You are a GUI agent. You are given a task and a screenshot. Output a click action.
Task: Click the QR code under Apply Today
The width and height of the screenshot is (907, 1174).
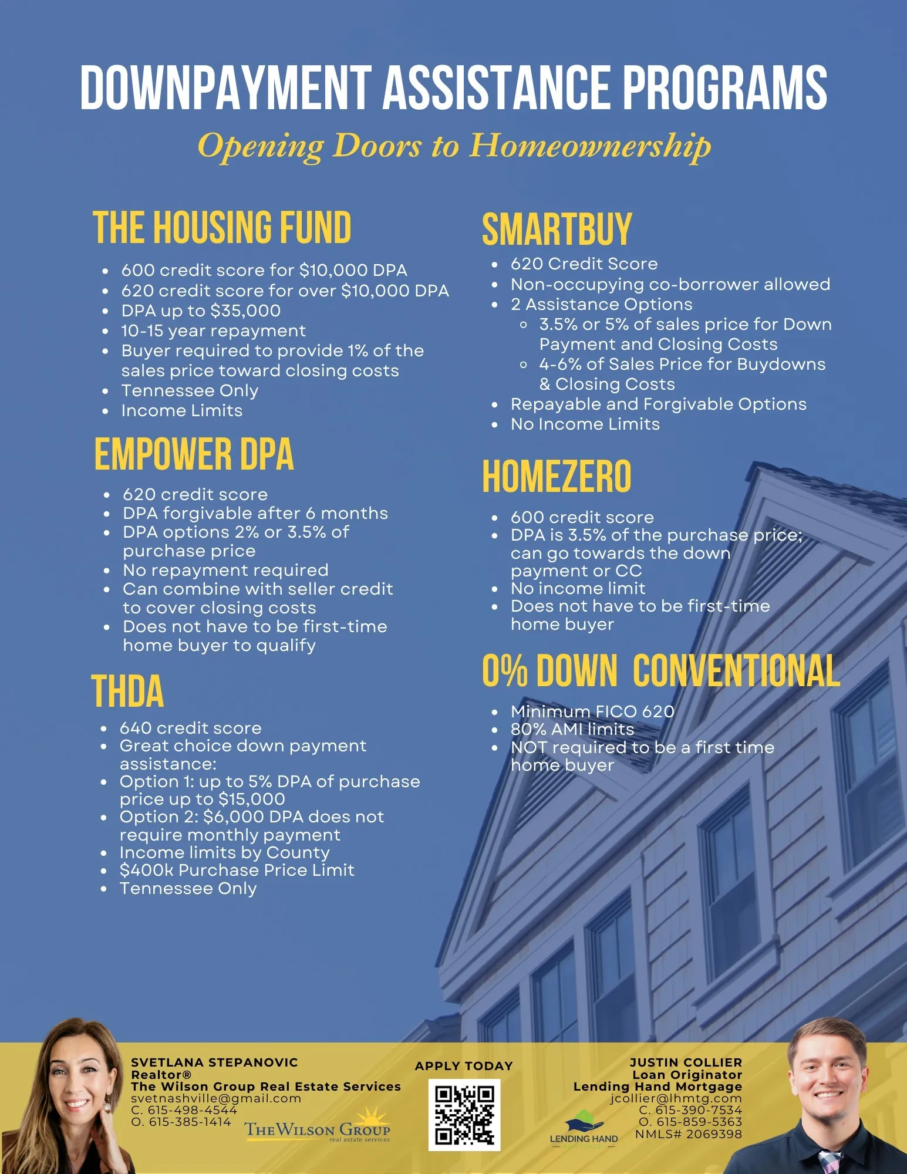point(464,1115)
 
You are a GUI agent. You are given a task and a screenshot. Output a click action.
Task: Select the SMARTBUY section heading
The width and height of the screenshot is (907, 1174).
point(557,230)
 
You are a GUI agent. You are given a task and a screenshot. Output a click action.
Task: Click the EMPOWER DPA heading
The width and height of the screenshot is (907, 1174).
point(194,454)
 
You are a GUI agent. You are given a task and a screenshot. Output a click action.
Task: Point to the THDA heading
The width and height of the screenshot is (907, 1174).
point(127,691)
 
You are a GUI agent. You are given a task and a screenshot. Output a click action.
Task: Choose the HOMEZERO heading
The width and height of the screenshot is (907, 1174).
point(557,477)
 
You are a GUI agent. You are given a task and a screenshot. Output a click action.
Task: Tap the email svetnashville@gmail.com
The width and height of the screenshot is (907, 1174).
point(215,1098)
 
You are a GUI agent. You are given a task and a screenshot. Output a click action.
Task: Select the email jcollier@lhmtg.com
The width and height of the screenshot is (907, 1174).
point(676,1098)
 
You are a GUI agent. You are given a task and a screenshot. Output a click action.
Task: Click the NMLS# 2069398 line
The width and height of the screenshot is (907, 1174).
point(688,1134)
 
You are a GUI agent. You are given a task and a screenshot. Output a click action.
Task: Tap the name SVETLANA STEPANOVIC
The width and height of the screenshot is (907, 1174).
point(214,1062)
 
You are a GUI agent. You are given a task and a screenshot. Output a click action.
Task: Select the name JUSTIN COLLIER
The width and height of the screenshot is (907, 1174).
point(686,1062)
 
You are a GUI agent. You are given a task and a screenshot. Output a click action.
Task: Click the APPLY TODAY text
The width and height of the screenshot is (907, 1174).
point(464,1066)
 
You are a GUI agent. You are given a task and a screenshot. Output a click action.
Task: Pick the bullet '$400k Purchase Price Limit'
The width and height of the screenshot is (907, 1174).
point(237,870)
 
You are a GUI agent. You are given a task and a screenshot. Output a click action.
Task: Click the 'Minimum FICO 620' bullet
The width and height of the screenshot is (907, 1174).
point(592,711)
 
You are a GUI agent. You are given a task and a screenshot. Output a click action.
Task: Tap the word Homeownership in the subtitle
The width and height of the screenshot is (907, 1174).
point(589,146)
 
